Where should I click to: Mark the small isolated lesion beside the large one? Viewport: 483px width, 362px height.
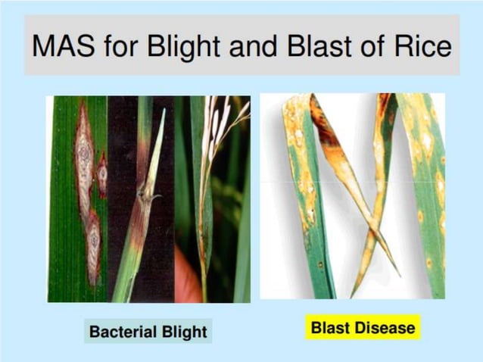click(x=102, y=173)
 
